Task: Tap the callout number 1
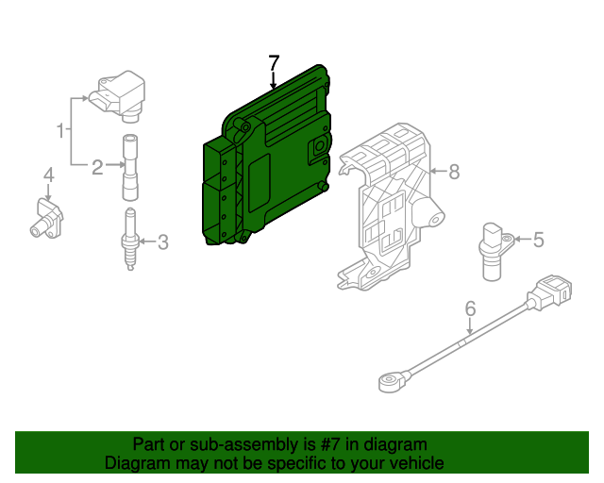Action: pos(60,129)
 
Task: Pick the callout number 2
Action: pos(97,168)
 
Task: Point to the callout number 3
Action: pos(162,242)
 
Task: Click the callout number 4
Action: pos(48,175)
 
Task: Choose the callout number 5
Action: pos(538,240)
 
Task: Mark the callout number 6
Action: pos(469,308)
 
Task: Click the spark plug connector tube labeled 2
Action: pos(129,168)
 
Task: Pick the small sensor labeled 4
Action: pos(45,217)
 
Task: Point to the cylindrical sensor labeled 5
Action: pos(493,250)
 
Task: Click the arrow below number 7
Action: pos(274,82)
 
